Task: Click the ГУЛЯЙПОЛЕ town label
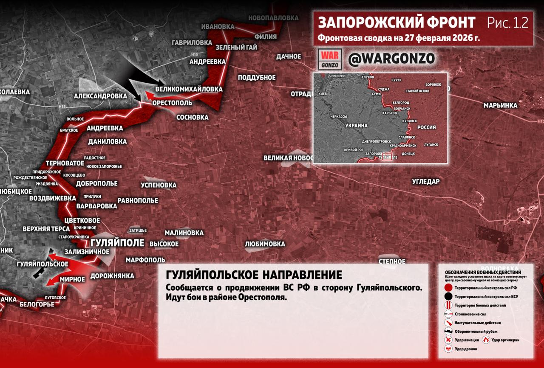coord(117,243)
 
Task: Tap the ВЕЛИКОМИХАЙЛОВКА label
coord(189,90)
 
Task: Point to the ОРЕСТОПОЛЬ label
coord(172,103)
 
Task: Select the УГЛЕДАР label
coord(425,182)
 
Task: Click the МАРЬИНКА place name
coord(500,105)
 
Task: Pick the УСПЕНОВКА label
coord(159,185)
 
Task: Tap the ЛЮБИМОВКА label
coord(265,244)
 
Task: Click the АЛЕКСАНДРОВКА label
coord(100,96)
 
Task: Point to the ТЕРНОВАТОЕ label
coord(65,163)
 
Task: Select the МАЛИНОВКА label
coord(184,233)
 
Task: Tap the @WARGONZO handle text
coord(391,59)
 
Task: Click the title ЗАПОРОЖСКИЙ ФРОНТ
coord(397,22)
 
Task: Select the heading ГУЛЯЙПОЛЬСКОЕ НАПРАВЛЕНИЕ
coord(254,275)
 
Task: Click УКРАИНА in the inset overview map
coord(356,126)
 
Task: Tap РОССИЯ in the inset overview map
coord(426,127)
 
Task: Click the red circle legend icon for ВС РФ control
coord(448,288)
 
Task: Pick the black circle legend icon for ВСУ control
coord(448,297)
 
